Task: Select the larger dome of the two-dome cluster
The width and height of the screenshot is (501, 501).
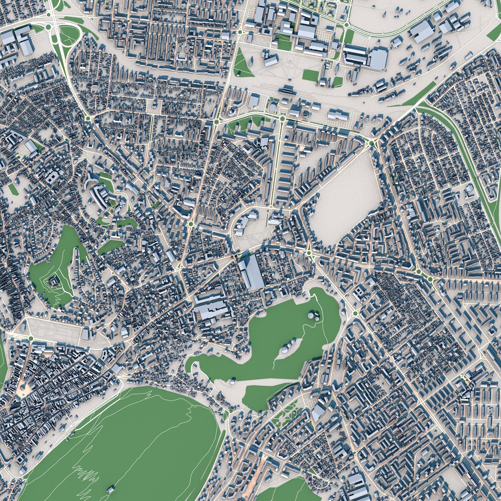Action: pos(311,316)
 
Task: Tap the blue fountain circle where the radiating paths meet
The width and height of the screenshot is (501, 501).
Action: pos(290,61)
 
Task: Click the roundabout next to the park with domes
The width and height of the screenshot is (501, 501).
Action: pos(355,314)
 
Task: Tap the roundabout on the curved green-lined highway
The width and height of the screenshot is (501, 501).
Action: pos(346,25)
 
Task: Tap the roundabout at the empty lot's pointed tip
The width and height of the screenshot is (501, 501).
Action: pos(372,143)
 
